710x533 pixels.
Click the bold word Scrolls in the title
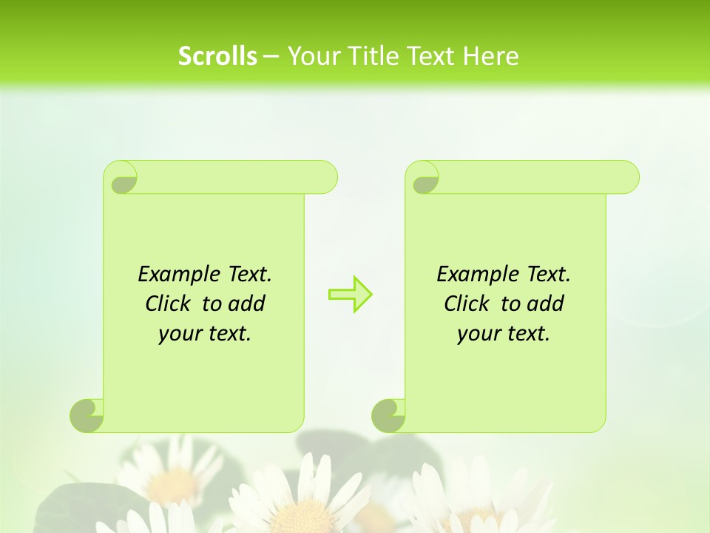tap(217, 56)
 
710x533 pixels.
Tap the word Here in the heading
tap(490, 56)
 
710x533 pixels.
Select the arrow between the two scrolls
tap(350, 294)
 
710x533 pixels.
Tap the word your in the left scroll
tap(180, 335)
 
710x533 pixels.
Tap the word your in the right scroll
tap(479, 335)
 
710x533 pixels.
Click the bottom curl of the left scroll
tap(87, 415)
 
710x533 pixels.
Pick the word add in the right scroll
tap(547, 304)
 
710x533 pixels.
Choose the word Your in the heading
tap(311, 56)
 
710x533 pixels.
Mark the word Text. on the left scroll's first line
tap(249, 274)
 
